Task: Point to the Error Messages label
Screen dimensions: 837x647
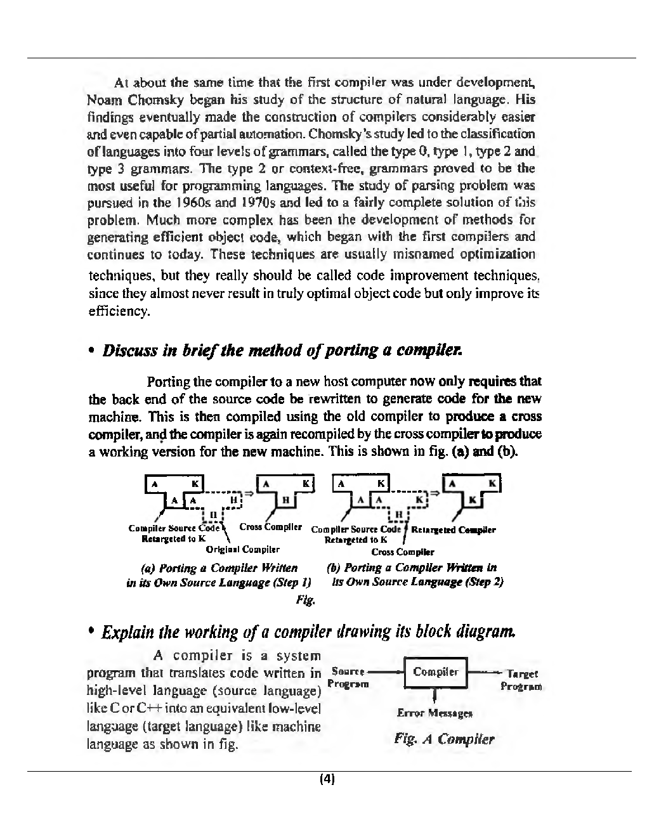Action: coord(435,713)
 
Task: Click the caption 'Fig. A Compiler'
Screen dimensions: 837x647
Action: coord(443,739)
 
